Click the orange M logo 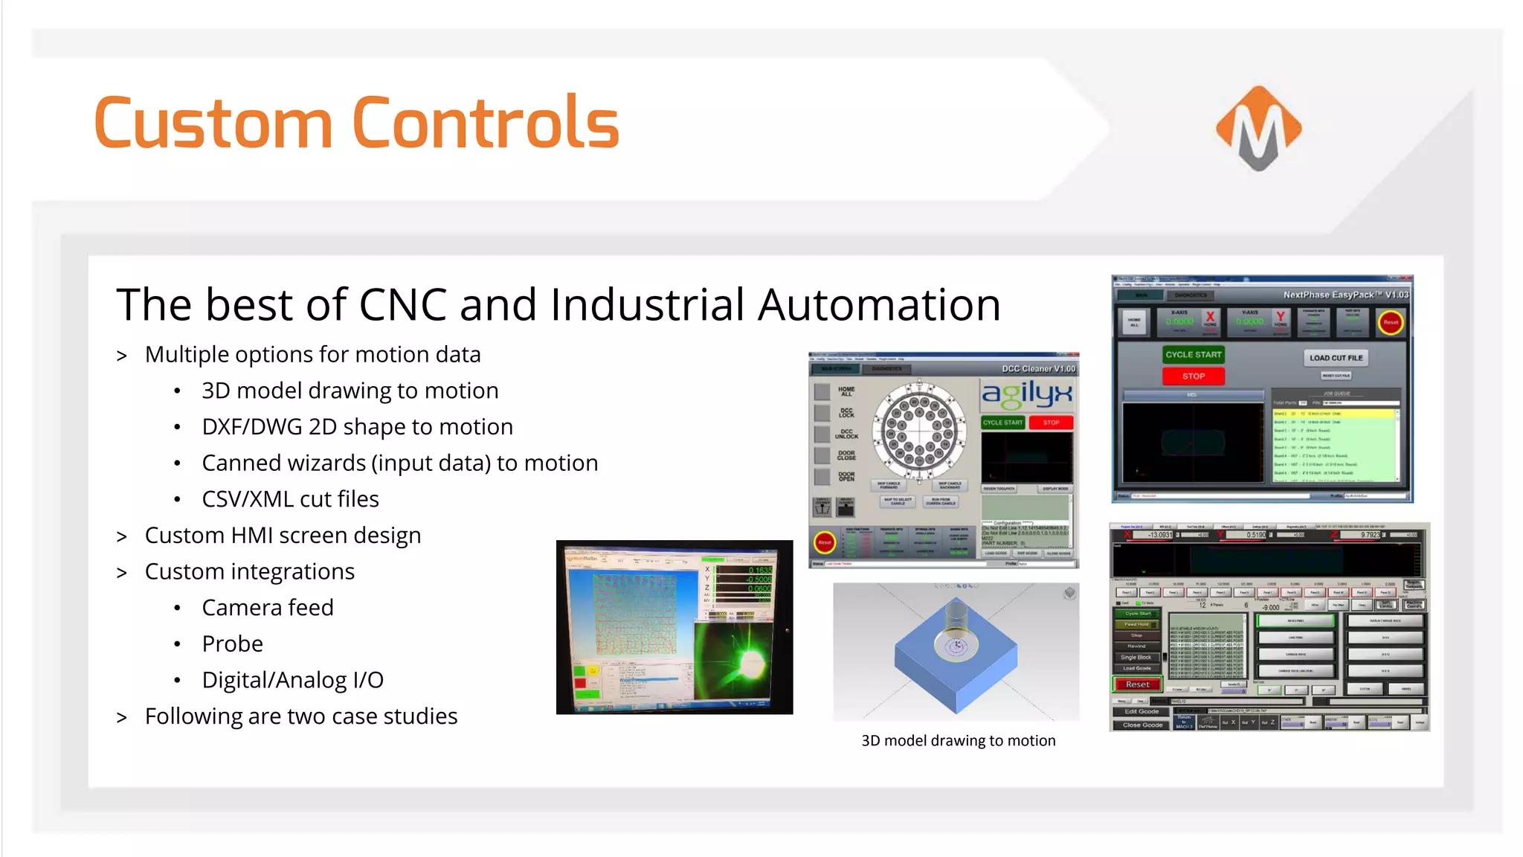[x=1258, y=127]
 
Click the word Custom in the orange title [x=213, y=123]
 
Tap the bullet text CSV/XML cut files [x=290, y=499]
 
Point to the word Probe [x=232, y=643]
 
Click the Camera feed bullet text [x=267, y=608]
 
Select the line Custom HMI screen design [x=283, y=536]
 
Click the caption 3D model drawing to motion [x=958, y=740]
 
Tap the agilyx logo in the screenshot [x=1027, y=394]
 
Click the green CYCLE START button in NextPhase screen [x=1193, y=355]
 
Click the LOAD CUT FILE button [x=1336, y=358]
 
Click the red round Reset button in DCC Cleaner [x=825, y=542]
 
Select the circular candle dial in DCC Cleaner [x=920, y=431]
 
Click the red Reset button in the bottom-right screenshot [x=1137, y=684]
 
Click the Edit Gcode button [x=1141, y=712]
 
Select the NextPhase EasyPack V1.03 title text [x=1345, y=295]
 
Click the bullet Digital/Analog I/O [x=292, y=680]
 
